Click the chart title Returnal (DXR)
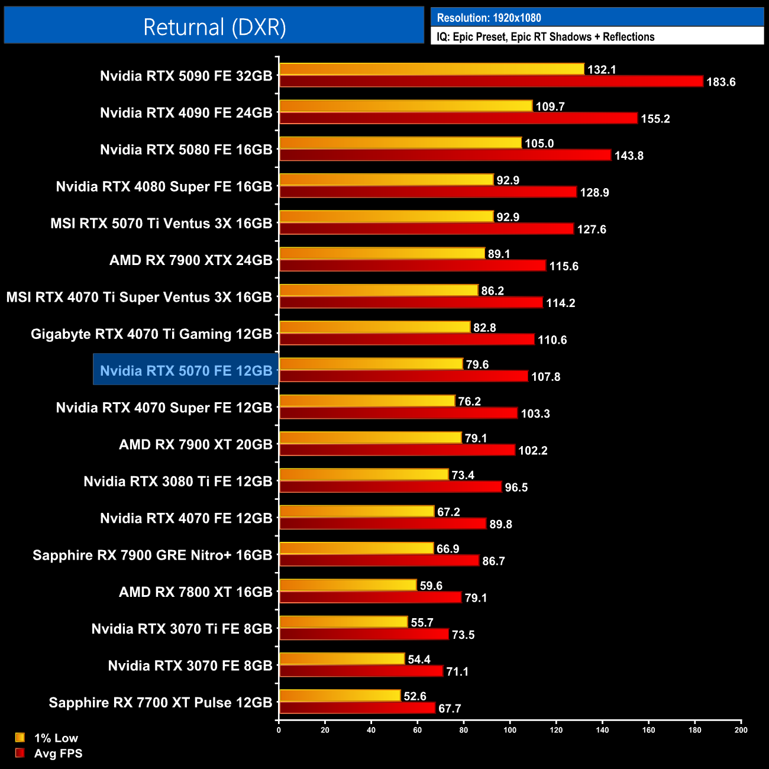click(214, 27)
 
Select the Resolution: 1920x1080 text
click(489, 18)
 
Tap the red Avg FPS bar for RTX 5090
click(491, 82)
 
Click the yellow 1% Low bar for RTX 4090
click(406, 106)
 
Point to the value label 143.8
click(629, 156)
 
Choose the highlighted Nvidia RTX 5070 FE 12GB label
click(186, 371)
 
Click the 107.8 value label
click(545, 377)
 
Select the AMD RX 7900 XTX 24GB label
click(190, 260)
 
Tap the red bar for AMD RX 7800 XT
click(370, 597)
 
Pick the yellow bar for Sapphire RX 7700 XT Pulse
click(340, 696)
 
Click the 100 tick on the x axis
click(509, 730)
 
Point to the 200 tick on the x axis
click(741, 730)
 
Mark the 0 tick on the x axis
click(279, 730)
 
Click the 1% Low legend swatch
click(20, 738)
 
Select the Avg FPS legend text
click(58, 754)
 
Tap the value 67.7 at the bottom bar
click(450, 709)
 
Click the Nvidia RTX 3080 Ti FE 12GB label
click(177, 482)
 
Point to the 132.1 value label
click(602, 70)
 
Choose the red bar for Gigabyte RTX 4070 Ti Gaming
click(407, 340)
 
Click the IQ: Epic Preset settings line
click(545, 37)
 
